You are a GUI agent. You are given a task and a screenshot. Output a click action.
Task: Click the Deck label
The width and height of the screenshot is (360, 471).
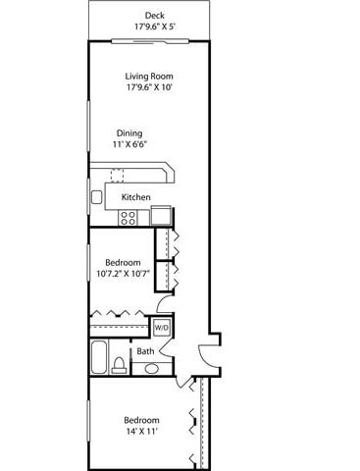tap(154, 15)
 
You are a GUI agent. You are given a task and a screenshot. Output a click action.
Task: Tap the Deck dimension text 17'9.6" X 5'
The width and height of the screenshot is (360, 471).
tap(154, 26)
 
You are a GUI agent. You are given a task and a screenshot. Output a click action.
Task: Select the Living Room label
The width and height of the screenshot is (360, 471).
tap(148, 76)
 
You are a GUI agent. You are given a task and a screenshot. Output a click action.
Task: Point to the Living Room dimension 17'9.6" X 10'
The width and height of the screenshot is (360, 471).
tap(148, 87)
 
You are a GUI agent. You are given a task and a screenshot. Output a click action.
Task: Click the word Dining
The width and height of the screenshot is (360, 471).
tap(129, 133)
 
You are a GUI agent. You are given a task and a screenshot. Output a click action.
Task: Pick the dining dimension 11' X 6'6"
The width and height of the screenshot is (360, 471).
tap(129, 145)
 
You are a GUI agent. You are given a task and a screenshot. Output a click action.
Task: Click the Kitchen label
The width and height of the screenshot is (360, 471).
tap(135, 197)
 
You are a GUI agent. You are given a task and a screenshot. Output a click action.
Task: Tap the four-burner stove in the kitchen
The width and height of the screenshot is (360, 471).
tap(128, 219)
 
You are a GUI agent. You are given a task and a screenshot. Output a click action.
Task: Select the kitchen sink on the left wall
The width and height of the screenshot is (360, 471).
tap(97, 197)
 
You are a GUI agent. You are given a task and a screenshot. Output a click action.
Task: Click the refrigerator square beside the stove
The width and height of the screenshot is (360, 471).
tap(161, 216)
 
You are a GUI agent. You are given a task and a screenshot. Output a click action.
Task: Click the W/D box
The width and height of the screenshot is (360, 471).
tap(161, 327)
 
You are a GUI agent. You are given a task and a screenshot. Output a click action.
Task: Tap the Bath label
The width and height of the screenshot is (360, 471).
tap(144, 351)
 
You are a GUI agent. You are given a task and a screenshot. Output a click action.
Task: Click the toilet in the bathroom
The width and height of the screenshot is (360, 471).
tap(119, 366)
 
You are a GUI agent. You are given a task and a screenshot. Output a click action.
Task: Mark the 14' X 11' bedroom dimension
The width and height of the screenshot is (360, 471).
tap(136, 431)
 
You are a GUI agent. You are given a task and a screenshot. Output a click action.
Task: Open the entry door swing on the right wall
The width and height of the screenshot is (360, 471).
tap(208, 356)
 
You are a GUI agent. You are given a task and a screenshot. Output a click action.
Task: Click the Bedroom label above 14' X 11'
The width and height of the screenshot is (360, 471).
tap(136, 419)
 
